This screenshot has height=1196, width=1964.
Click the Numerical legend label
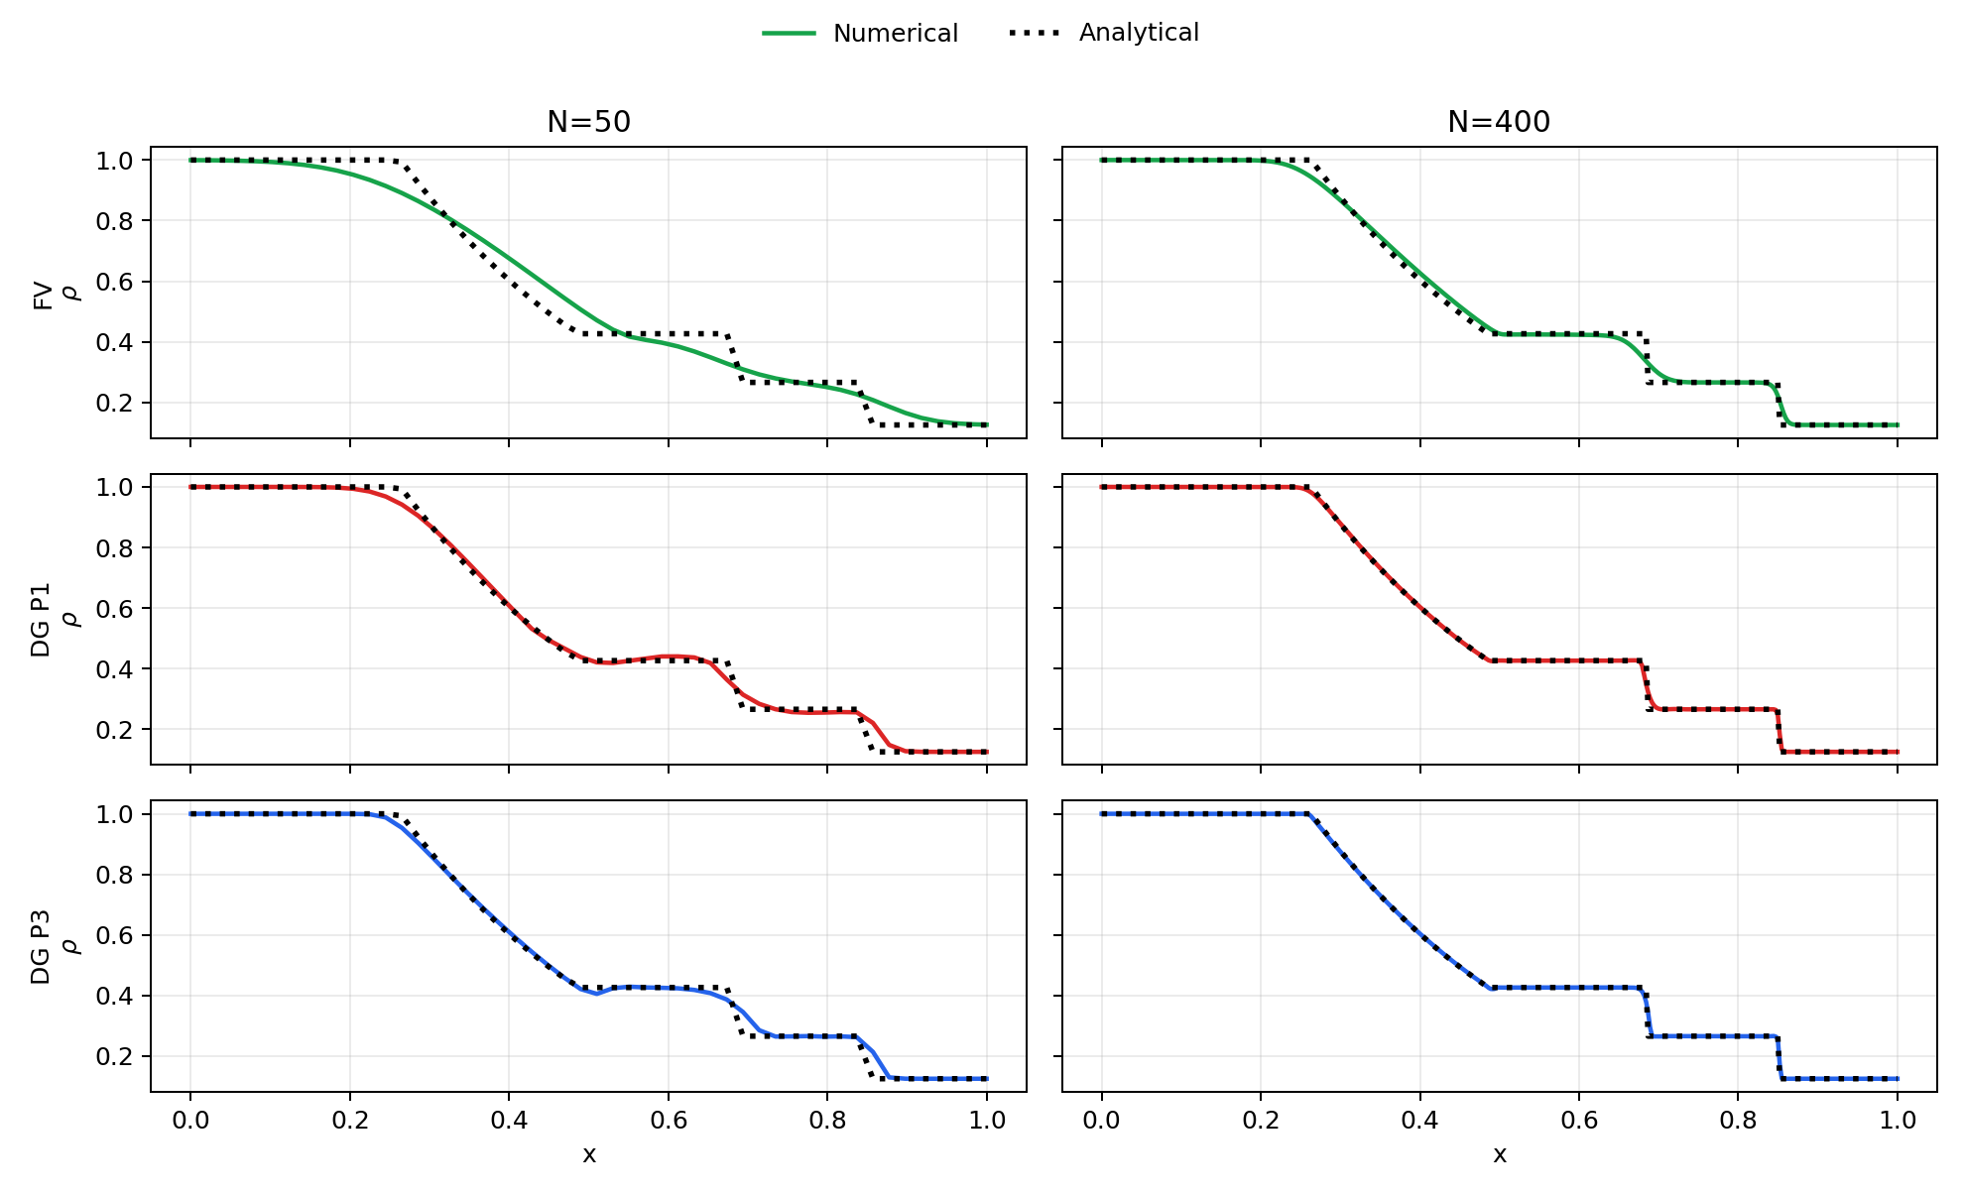[895, 34]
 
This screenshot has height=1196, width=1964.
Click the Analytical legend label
[1139, 33]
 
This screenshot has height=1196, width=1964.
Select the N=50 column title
[589, 122]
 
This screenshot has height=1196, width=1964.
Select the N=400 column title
[1499, 122]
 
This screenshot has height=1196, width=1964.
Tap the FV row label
[43, 295]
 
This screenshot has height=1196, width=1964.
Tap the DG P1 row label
[41, 620]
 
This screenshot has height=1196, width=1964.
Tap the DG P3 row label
[41, 947]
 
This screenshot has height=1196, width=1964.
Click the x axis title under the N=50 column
[589, 1154]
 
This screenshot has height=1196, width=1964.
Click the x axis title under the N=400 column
[1500, 1154]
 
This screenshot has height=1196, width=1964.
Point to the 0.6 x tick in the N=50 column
[669, 1121]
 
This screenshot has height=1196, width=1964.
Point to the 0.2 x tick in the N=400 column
[1261, 1121]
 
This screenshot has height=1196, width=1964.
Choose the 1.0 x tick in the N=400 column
[1898, 1121]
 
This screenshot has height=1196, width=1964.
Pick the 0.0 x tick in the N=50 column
[190, 1121]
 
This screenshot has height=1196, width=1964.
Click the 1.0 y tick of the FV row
[115, 161]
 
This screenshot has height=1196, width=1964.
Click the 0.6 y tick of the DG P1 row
[115, 608]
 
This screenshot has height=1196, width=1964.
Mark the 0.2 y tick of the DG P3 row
[115, 1056]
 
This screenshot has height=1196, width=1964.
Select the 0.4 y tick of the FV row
[115, 343]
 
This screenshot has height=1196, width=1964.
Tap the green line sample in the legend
[789, 34]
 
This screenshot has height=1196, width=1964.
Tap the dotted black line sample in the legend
[1035, 34]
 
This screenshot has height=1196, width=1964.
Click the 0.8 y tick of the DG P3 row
[115, 875]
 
